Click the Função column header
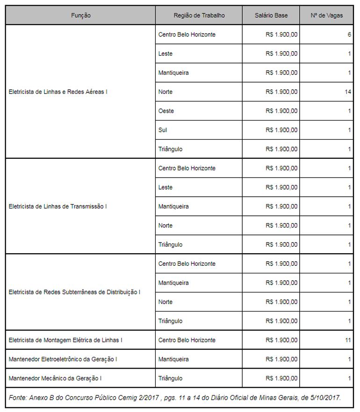(x=81, y=15)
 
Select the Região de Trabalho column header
(x=199, y=15)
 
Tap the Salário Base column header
(x=271, y=15)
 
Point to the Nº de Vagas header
(x=327, y=15)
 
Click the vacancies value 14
(x=347, y=92)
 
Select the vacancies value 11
(x=347, y=341)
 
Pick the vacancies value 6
(x=349, y=35)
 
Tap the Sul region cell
(x=163, y=130)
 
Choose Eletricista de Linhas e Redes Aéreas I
(x=58, y=92)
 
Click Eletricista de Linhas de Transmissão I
(x=58, y=206)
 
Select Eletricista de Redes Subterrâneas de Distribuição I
(x=74, y=292)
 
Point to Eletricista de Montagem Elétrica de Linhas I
(x=65, y=341)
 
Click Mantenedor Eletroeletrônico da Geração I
(x=63, y=360)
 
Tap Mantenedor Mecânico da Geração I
(x=55, y=379)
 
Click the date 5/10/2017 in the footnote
(x=324, y=398)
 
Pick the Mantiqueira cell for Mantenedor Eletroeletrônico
(x=173, y=360)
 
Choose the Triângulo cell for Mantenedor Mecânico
(x=170, y=379)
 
